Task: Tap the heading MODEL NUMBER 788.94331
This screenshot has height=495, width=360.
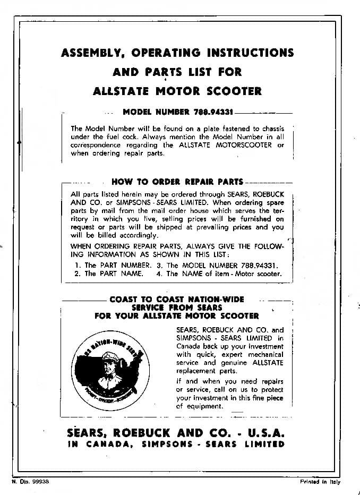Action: pyautogui.click(x=177, y=112)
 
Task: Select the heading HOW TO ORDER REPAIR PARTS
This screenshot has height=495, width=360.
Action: pyautogui.click(x=177, y=182)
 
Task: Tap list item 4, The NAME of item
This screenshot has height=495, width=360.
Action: pyautogui.click(x=218, y=274)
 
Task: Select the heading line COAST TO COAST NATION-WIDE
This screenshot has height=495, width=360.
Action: pyautogui.click(x=177, y=300)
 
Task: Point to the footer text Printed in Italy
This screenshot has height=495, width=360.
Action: pyautogui.click(x=320, y=482)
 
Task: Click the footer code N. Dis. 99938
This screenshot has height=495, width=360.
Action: pyautogui.click(x=30, y=482)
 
